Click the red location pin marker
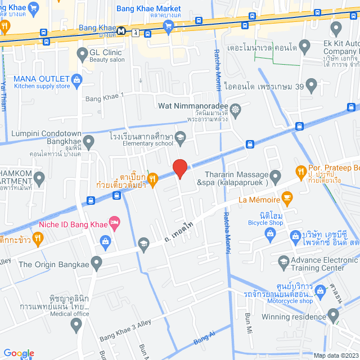click(179, 169)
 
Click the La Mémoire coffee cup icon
click(287, 198)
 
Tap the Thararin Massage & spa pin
click(276, 178)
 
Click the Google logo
click(19, 353)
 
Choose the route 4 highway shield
click(136, 33)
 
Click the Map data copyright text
click(335, 355)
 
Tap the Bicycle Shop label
click(265, 222)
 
